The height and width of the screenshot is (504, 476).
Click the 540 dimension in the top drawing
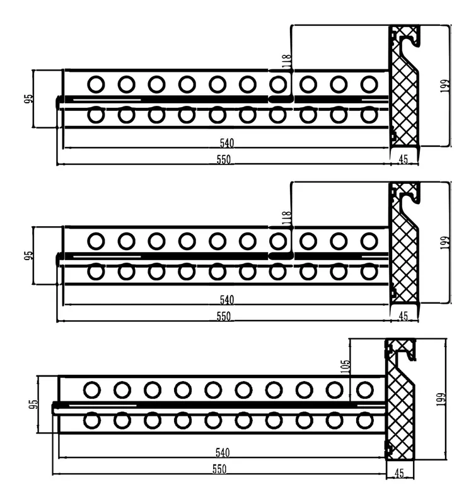click(227, 143)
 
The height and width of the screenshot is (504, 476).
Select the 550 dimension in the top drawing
click(224, 159)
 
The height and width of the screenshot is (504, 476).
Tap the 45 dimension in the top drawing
click(403, 159)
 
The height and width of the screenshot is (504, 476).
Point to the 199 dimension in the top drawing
click(445, 86)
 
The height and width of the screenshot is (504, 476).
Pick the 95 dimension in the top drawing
click(28, 98)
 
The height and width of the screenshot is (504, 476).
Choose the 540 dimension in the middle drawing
click(227, 300)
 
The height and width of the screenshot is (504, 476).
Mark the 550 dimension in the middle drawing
click(224, 316)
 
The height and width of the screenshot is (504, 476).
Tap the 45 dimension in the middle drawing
click(403, 316)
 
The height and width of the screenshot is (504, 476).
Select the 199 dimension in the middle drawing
click(445, 243)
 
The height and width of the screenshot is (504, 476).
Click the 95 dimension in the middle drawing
click(28, 255)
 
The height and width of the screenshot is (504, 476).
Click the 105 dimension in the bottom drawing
click(345, 367)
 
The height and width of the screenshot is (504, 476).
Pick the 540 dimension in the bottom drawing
click(223, 452)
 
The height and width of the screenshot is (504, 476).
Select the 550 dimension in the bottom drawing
click(219, 469)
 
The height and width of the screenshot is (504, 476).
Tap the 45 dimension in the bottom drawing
click(399, 473)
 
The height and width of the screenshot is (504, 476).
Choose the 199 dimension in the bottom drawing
click(441, 399)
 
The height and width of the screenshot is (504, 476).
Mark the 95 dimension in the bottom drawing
click(33, 404)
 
